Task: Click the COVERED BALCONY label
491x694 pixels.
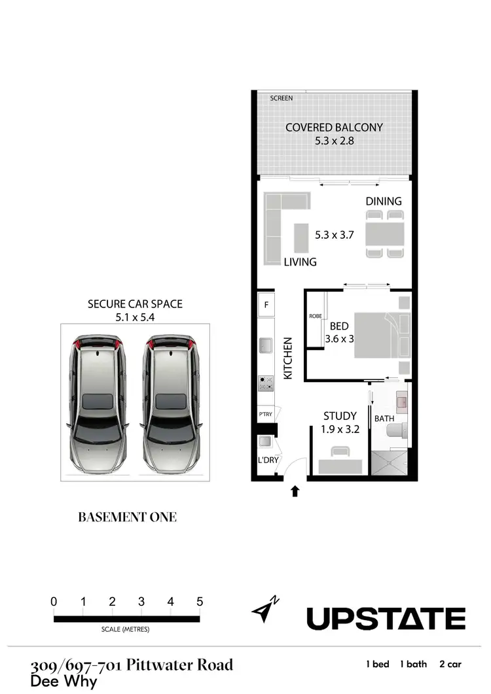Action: tap(334, 128)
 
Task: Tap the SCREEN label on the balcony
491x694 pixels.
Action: tap(282, 98)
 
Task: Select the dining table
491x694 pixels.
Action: tap(384, 234)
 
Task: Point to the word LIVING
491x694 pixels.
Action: tap(300, 262)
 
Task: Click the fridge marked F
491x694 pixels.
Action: tap(266, 305)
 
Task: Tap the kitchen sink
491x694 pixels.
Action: tap(266, 345)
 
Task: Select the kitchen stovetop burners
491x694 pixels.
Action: tap(266, 383)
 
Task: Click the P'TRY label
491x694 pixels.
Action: tap(266, 415)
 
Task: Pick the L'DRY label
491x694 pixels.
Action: tap(268, 460)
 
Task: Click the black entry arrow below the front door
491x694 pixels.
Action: tap(295, 491)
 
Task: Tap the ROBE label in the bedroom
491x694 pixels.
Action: tap(315, 317)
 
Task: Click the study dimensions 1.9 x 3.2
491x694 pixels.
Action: tap(340, 430)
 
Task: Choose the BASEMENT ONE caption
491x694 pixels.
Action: tap(127, 517)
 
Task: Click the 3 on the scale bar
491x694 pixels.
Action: tap(141, 602)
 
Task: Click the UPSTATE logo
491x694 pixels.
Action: tap(386, 618)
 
